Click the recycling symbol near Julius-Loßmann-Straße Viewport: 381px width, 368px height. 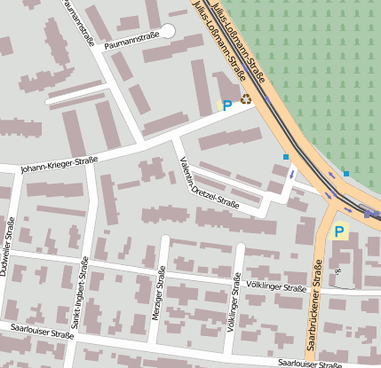click(x=246, y=101)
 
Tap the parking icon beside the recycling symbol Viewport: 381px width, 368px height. click(x=227, y=105)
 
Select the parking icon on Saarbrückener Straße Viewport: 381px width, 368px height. click(x=338, y=232)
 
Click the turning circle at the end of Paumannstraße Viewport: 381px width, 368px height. click(x=168, y=32)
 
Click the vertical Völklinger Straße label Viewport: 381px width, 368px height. click(x=236, y=301)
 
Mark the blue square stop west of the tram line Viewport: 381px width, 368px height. click(x=285, y=157)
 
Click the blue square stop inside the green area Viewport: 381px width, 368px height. click(x=345, y=174)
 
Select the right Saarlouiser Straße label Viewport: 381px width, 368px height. click(x=309, y=363)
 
